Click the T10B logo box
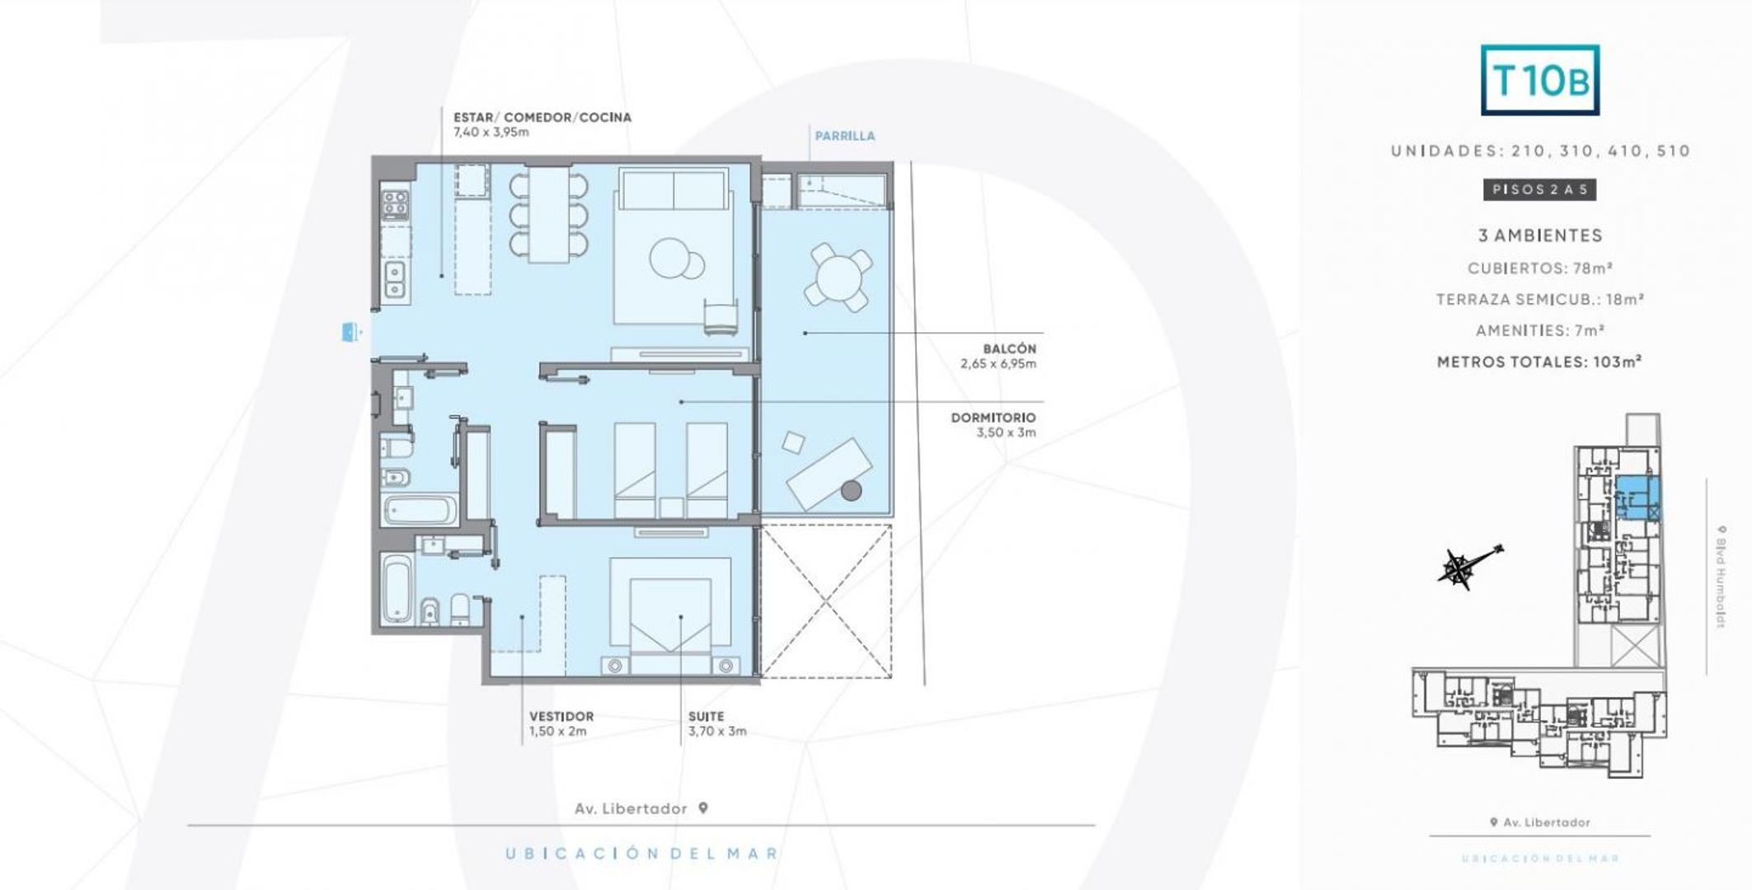point(1539,80)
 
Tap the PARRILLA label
point(844,136)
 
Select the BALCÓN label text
point(1008,349)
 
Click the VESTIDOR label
point(561,716)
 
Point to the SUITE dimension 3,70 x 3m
point(717,731)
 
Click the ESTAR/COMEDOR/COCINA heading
point(542,117)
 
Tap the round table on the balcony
point(838,277)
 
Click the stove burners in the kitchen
point(395,204)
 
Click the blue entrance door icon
point(350,332)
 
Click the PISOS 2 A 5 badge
point(1539,190)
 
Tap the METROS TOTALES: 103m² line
point(1538,362)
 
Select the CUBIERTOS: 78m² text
point(1539,268)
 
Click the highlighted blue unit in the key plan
point(1636,496)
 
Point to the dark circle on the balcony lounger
point(851,491)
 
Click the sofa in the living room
point(674,189)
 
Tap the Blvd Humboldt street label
point(1721,576)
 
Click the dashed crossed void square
point(825,602)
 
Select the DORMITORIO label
point(993,418)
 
